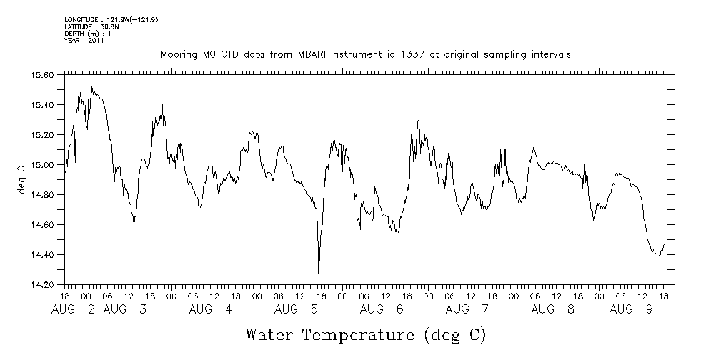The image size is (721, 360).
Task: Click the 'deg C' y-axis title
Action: tap(21, 179)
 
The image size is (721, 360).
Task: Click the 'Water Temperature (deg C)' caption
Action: tap(366, 334)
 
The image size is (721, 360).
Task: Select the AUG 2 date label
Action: tap(75, 309)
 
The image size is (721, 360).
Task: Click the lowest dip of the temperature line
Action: tap(319, 273)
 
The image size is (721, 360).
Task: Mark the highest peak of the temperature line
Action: tap(89, 86)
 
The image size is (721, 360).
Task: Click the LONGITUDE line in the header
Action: tap(111, 20)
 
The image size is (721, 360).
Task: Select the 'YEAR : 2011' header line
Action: tap(84, 41)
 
